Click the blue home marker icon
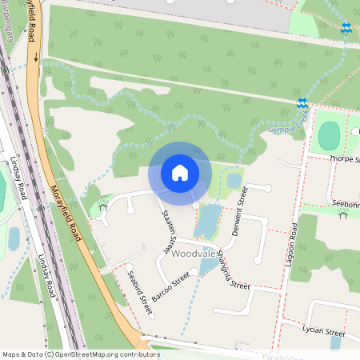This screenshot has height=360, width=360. (x=180, y=173)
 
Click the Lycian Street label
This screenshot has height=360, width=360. (x=323, y=332)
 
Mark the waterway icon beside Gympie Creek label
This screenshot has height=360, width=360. (x=302, y=103)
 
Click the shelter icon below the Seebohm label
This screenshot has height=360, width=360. (x=342, y=214)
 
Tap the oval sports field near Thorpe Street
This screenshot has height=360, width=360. (x=329, y=136)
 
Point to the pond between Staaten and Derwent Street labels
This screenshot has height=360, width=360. (x=207, y=220)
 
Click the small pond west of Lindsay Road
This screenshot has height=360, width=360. (x=14, y=238)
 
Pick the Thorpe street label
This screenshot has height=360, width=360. (x=346, y=159)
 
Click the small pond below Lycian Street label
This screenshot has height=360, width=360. (x=335, y=343)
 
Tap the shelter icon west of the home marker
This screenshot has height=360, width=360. (x=102, y=209)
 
